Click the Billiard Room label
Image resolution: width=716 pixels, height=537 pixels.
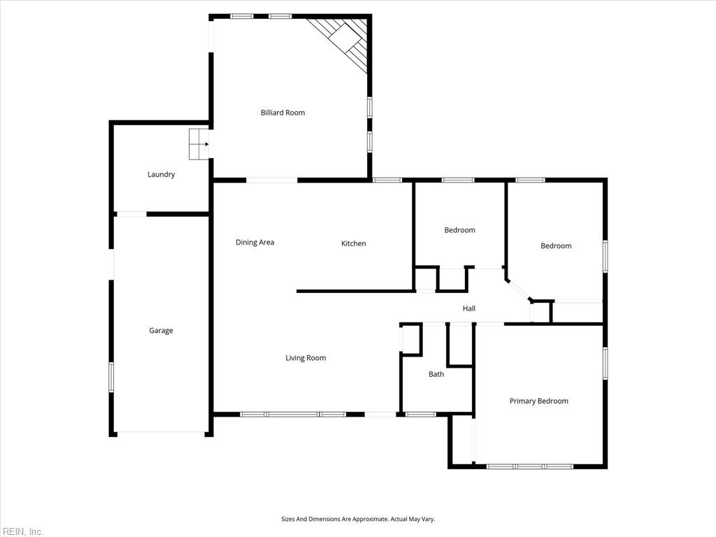point(282,113)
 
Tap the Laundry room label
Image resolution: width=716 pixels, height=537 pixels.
point(161,175)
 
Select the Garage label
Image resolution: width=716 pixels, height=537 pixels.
point(161,331)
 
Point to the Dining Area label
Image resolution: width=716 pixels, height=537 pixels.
point(255,243)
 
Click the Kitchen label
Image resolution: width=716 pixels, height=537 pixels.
point(353,243)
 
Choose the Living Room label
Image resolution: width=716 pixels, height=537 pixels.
point(306,358)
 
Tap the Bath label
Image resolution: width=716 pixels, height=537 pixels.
point(436,374)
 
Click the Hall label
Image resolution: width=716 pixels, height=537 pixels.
point(469,308)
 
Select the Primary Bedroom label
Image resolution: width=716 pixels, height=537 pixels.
point(538,401)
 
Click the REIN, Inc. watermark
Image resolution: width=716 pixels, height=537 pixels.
point(22,531)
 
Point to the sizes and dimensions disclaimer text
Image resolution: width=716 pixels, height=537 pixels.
point(358,519)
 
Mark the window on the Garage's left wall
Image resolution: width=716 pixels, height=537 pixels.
point(110,377)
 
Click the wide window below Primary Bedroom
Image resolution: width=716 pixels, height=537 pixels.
point(530,466)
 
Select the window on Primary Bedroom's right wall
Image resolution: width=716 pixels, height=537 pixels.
point(605,363)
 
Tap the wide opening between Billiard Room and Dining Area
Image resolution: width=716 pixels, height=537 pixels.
point(272,180)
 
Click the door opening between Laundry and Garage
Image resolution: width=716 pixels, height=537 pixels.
point(131,214)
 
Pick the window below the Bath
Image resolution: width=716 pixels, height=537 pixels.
point(420,414)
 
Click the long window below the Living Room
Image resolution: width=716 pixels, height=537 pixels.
point(293,414)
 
